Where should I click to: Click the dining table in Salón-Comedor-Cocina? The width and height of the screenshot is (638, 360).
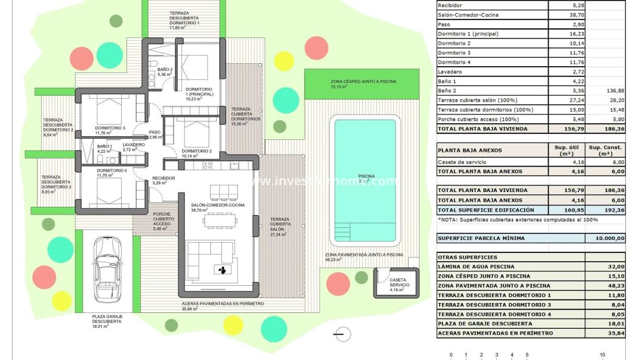(221, 219)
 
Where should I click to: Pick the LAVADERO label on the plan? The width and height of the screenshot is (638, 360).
(133, 145)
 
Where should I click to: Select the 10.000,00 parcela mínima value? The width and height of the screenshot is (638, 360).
(605, 238)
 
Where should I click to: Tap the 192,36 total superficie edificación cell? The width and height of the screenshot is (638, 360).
(605, 210)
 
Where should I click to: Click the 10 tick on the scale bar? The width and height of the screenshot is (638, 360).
(602, 355)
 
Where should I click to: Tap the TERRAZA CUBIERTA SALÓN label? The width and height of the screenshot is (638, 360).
(280, 227)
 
